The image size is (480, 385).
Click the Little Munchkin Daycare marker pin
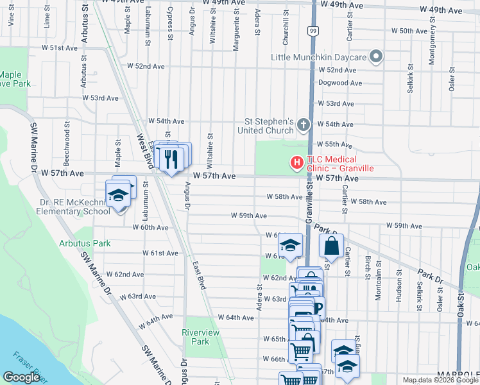point(376,58)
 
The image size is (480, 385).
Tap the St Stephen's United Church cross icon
point(303,126)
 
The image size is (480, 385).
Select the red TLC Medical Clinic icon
point(296,164)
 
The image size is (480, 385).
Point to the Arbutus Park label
point(85,243)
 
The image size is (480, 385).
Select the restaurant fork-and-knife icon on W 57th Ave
point(170,158)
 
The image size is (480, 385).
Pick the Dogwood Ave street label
point(340,83)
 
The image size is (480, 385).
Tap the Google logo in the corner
point(21,377)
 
